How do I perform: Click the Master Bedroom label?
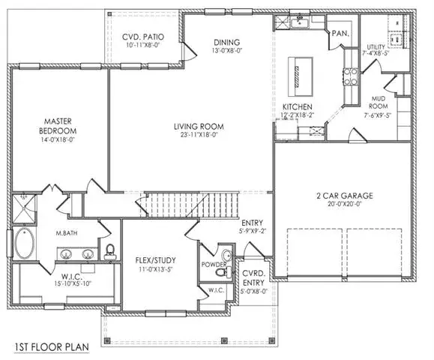58,126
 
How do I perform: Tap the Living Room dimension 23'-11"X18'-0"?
199,135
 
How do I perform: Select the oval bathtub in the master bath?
25,243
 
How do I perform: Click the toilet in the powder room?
221,271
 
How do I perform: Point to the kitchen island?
301,76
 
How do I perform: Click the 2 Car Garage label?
345,196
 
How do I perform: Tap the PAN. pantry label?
340,34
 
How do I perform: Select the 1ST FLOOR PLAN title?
52,347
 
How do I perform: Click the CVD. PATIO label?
143,37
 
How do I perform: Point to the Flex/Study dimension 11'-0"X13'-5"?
156,269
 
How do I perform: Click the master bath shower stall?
24,208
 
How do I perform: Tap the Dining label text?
226,42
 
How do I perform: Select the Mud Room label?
378,102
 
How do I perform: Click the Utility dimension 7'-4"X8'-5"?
376,53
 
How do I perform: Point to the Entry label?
252,223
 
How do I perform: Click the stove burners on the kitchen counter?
350,76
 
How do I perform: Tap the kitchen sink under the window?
300,22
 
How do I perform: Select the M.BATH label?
67,233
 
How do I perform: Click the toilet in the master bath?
110,251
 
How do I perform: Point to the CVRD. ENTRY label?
253,278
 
